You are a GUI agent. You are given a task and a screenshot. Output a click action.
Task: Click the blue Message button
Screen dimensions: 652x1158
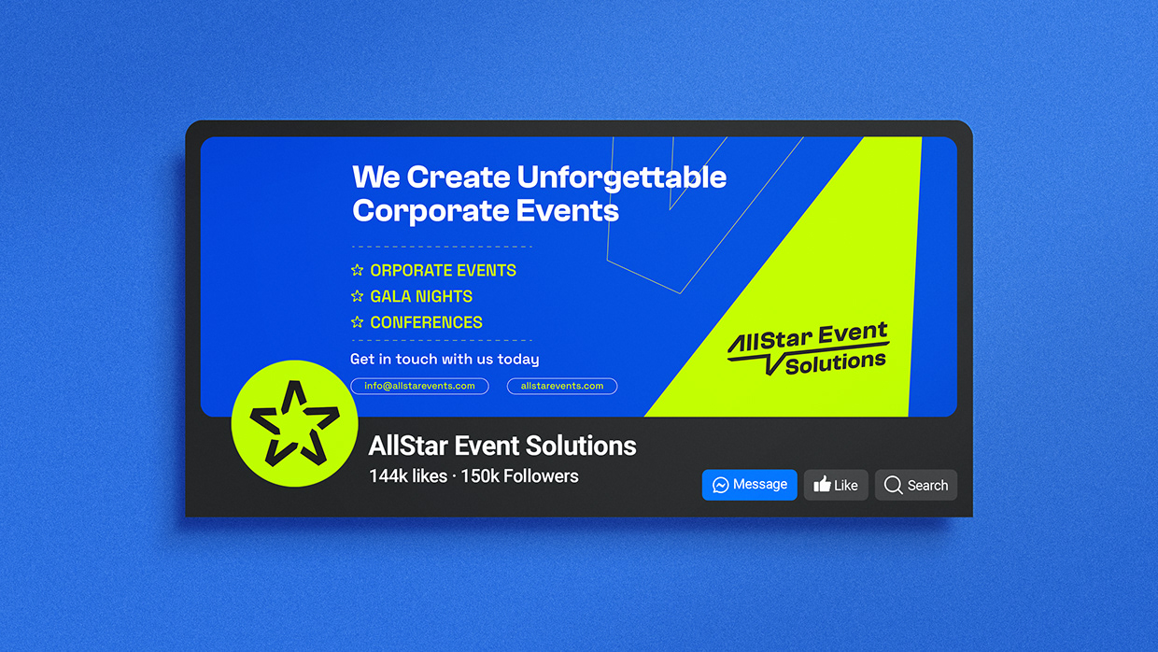click(749, 485)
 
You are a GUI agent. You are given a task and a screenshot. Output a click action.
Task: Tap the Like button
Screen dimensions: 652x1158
click(836, 485)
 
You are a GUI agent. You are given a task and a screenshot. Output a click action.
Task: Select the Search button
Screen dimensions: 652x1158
click(915, 485)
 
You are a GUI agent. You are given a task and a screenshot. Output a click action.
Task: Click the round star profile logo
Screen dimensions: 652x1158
click(294, 423)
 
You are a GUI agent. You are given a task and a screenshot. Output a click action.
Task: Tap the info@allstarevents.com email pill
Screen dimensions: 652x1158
click(419, 386)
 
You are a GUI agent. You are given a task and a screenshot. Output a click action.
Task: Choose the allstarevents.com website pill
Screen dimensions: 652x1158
click(561, 386)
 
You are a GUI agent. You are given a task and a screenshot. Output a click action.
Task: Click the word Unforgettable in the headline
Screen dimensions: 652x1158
click(621, 177)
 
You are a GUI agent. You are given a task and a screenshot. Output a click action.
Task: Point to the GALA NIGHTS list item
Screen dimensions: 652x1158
click(421, 296)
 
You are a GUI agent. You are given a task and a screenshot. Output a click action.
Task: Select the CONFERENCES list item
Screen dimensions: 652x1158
click(426, 322)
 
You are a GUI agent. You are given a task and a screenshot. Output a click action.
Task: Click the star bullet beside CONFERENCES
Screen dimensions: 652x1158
click(357, 322)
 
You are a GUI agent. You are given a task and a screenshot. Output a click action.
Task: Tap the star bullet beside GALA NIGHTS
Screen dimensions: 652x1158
click(357, 296)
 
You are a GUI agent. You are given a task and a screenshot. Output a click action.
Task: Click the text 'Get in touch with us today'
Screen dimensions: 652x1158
click(445, 359)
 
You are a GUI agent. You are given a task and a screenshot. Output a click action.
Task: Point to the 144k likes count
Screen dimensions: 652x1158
click(408, 475)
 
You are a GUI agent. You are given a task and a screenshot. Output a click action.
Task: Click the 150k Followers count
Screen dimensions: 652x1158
click(519, 475)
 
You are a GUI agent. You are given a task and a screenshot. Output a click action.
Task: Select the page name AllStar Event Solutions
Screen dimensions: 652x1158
click(502, 446)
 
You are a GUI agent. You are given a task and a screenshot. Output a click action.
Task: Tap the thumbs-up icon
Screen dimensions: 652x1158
click(822, 484)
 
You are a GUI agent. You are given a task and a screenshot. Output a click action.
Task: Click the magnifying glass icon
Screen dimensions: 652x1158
click(893, 485)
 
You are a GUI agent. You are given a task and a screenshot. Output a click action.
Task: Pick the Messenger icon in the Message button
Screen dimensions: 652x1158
click(721, 485)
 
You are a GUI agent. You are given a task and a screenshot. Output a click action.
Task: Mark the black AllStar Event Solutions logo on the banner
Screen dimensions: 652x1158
click(809, 348)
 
